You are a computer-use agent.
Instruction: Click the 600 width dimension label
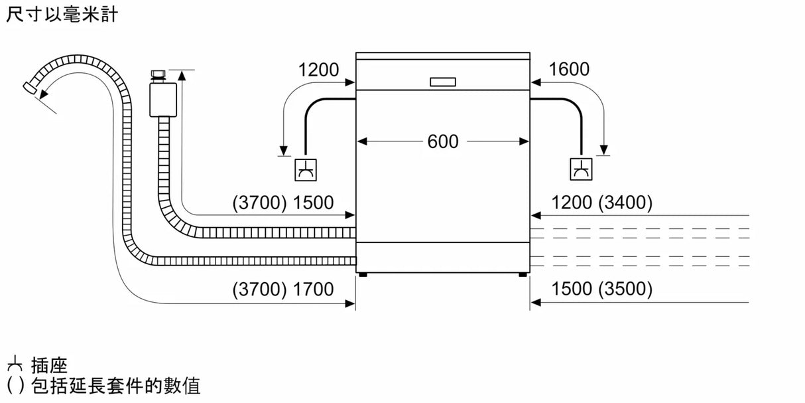pyautogui.click(x=442, y=141)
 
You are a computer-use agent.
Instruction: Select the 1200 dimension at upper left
pyautogui.click(x=318, y=69)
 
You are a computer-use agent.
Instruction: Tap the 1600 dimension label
pyautogui.click(x=569, y=69)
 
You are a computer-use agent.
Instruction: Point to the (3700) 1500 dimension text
pyautogui.click(x=283, y=203)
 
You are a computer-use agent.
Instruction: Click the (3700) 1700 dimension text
pyautogui.click(x=283, y=289)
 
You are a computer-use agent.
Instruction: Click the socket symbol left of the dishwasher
pyautogui.click(x=306, y=169)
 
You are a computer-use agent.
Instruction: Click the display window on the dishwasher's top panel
pyautogui.click(x=443, y=82)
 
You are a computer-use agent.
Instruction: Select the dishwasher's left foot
pyautogui.click(x=362, y=274)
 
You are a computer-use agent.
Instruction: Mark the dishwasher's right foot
pyautogui.click(x=523, y=274)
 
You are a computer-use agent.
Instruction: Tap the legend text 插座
pyautogui.click(x=49, y=364)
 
